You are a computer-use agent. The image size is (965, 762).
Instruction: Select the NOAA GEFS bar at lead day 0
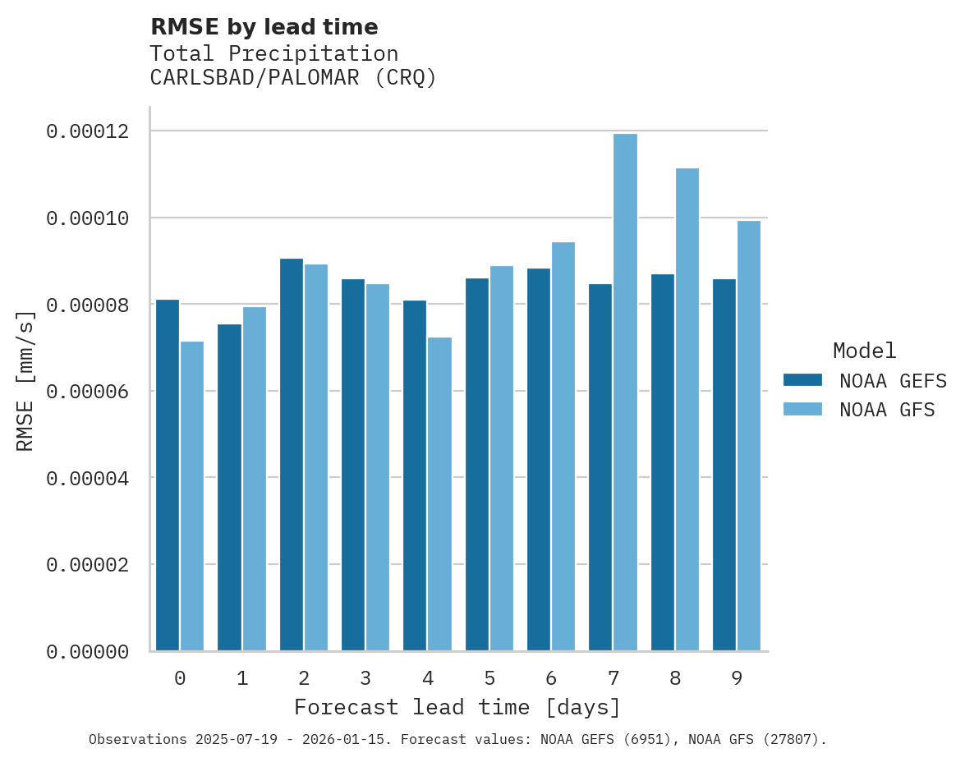click(x=168, y=475)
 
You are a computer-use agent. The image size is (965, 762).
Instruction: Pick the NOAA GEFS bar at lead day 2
click(x=292, y=455)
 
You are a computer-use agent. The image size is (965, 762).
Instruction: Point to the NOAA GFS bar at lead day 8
click(x=687, y=410)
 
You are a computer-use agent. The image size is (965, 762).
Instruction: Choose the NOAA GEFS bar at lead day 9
click(x=724, y=465)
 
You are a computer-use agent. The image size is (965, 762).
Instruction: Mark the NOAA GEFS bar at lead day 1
click(x=229, y=488)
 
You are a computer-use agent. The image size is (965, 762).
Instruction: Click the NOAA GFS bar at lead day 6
click(x=563, y=447)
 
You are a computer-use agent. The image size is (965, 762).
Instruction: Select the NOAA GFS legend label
click(x=887, y=410)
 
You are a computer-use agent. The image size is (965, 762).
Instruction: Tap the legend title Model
click(x=864, y=351)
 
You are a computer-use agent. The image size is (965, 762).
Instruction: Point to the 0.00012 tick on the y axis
click(x=87, y=131)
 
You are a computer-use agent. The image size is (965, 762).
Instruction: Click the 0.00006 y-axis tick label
click(x=87, y=392)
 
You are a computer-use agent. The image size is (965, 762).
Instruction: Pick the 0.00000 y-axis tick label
click(x=87, y=652)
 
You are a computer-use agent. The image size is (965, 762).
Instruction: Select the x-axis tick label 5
click(x=489, y=678)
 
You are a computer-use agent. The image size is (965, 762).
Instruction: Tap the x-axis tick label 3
click(x=365, y=678)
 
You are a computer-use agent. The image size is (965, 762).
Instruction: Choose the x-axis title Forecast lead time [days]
click(x=457, y=707)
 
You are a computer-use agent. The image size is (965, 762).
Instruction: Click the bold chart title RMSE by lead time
click(x=264, y=27)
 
